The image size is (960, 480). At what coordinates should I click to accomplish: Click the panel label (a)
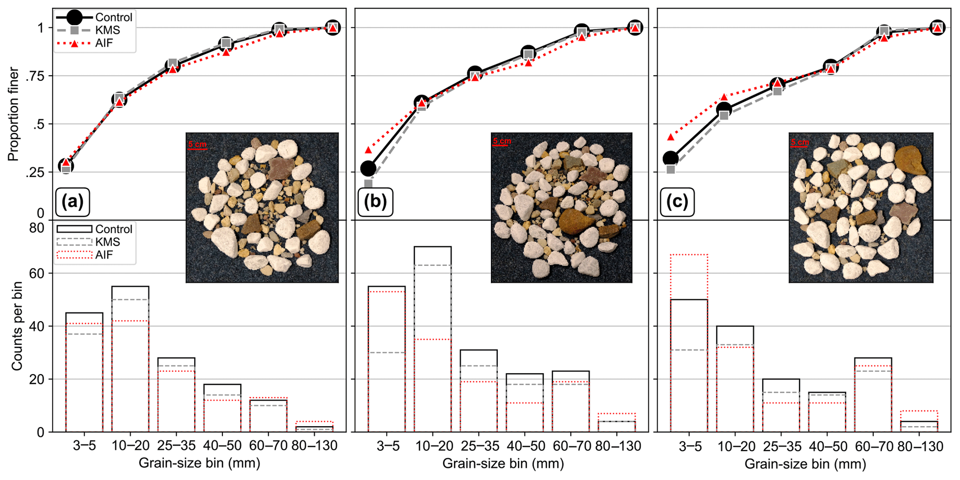click(72, 202)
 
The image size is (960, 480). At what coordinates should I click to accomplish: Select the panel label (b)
click(375, 202)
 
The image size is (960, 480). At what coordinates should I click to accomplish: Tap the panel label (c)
click(677, 202)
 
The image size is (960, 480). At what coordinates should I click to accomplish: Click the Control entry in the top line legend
click(113, 18)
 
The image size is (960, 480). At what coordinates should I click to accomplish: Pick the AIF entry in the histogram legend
click(104, 255)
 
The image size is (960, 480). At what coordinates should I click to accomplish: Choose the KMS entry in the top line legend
click(107, 30)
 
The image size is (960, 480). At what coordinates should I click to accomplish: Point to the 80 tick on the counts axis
click(37, 228)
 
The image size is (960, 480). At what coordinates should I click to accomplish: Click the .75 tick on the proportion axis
click(34, 76)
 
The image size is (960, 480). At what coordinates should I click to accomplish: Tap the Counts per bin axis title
click(17, 326)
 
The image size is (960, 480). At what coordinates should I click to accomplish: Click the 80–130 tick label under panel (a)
click(314, 446)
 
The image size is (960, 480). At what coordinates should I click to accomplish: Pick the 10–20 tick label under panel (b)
click(434, 446)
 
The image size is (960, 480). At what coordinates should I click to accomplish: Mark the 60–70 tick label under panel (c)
click(874, 446)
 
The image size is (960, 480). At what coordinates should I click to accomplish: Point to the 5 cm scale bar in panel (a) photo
click(197, 147)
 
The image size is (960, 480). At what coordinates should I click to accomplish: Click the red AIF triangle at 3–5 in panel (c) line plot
click(671, 137)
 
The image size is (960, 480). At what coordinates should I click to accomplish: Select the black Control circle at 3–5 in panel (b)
click(368, 168)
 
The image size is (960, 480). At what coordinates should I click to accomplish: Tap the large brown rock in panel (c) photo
click(910, 161)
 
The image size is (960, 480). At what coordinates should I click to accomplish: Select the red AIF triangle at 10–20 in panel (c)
click(724, 97)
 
